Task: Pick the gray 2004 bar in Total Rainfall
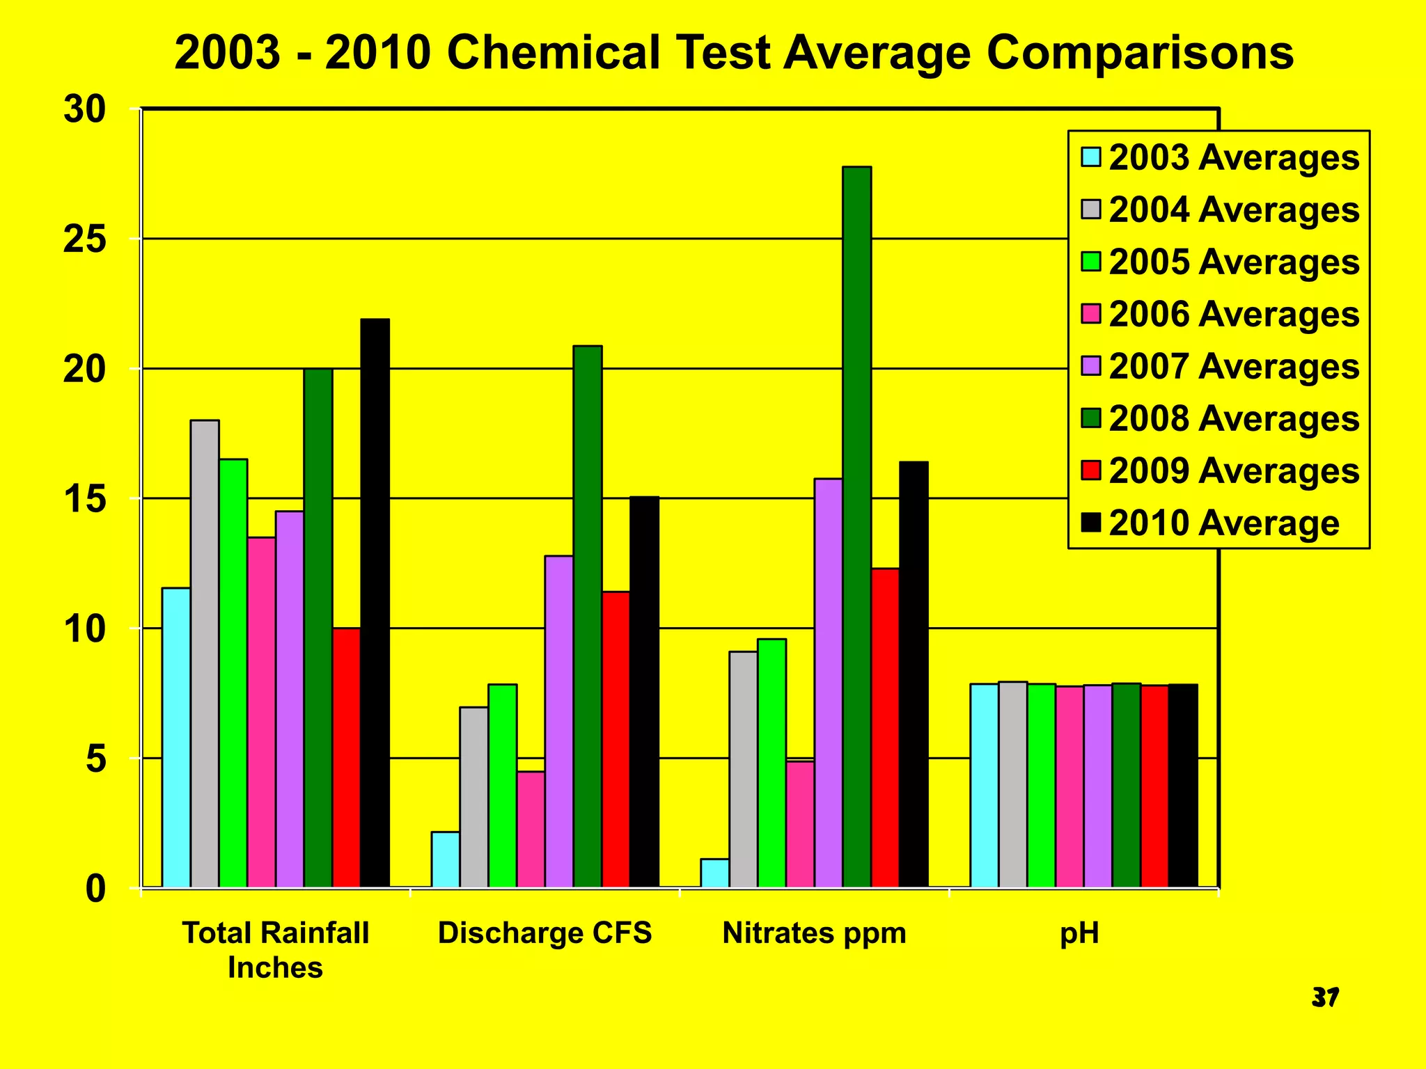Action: [x=205, y=654]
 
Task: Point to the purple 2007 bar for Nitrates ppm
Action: [x=829, y=683]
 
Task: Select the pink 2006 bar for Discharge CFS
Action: [x=531, y=829]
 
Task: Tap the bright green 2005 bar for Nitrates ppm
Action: [x=772, y=763]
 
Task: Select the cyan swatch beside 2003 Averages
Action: [x=1091, y=157]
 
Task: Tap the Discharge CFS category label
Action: [x=544, y=933]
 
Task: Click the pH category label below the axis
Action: [x=1079, y=933]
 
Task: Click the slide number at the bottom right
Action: [x=1325, y=997]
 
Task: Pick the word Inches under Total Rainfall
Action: [x=275, y=968]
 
